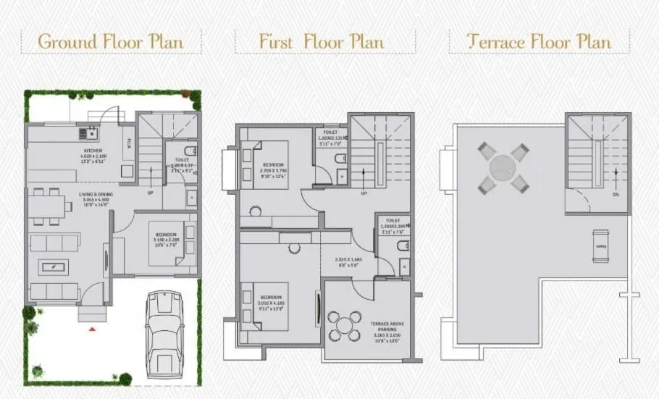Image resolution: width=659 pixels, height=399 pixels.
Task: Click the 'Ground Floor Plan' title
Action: point(111,41)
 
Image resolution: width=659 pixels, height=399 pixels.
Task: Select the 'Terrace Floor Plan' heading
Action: point(539,41)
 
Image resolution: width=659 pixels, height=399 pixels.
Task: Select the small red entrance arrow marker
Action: point(91,329)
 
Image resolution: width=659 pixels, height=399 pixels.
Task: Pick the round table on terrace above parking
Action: point(345,324)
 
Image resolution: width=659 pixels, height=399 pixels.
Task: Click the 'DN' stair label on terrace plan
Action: point(616,195)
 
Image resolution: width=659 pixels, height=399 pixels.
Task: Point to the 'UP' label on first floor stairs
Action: point(364,194)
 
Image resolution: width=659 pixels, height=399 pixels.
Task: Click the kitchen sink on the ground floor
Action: point(92,133)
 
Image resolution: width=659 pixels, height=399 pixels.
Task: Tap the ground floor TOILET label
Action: point(182,159)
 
